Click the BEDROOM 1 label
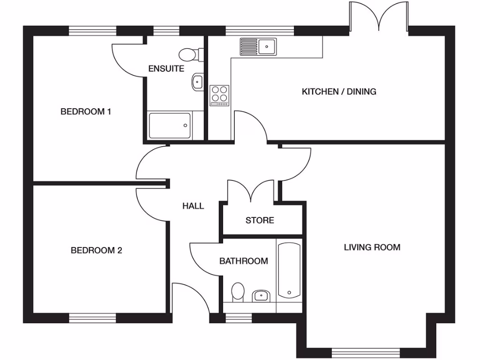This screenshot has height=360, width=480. click(x=86, y=112)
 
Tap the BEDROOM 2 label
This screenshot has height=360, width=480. click(x=96, y=250)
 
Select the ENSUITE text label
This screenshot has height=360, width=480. click(x=166, y=69)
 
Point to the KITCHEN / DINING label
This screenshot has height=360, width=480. click(x=338, y=91)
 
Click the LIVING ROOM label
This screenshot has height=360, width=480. click(x=372, y=247)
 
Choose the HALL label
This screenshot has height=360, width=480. click(x=193, y=206)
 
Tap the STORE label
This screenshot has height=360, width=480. click(x=260, y=220)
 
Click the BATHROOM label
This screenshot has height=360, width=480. click(x=244, y=261)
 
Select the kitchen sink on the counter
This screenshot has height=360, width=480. click(x=258, y=46)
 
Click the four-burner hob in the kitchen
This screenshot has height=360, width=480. click(x=219, y=95)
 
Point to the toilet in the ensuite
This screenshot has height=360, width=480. click(x=191, y=54)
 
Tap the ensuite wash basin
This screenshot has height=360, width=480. click(x=197, y=82)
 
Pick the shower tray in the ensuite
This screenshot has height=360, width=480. click(x=170, y=126)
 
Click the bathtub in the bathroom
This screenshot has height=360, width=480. click(x=289, y=270)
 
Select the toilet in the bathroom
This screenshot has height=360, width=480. click(x=238, y=292)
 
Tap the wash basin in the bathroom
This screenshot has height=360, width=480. click(x=261, y=296)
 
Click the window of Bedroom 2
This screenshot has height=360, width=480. click(x=92, y=318)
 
